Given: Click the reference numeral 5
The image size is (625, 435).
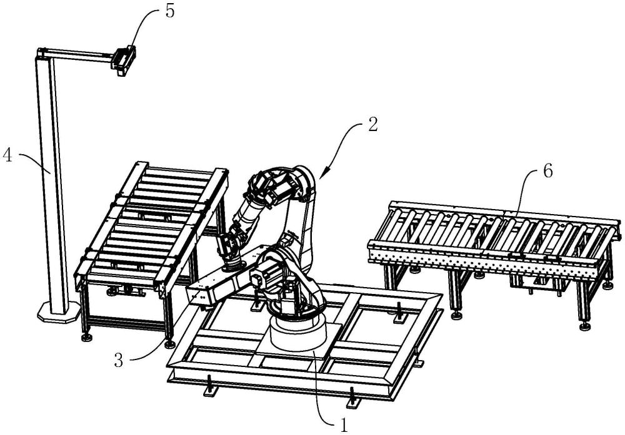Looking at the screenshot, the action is pyautogui.click(x=169, y=13).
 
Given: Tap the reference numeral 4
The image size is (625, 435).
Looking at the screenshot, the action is pyautogui.click(x=9, y=154).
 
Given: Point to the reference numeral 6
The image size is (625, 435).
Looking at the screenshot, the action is pyautogui.click(x=547, y=172).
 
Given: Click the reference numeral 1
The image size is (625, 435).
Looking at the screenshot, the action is pyautogui.click(x=343, y=425).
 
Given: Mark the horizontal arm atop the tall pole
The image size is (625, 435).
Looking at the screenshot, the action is pyautogui.click(x=78, y=55).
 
